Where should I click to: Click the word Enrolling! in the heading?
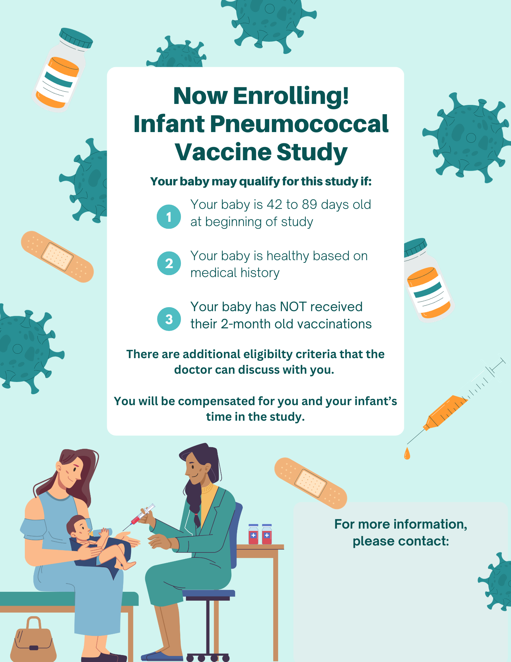pyautogui.click(x=291, y=96)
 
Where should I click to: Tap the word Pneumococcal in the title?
pyautogui.click(x=299, y=124)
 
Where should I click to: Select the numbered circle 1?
pyautogui.click(x=169, y=216)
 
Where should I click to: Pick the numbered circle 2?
pyautogui.click(x=169, y=263)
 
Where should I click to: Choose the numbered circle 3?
pyautogui.click(x=169, y=319)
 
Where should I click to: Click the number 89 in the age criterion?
pyautogui.click(x=309, y=205)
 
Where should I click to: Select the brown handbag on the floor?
pyautogui.click(x=33, y=640)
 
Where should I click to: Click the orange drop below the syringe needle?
pyautogui.click(x=407, y=453)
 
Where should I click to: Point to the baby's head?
pyautogui.click(x=77, y=526)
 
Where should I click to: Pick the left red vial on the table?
pyautogui.click(x=253, y=534)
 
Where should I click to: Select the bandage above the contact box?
pyautogui.click(x=311, y=483)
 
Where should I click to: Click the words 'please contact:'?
pyautogui.click(x=401, y=542)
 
